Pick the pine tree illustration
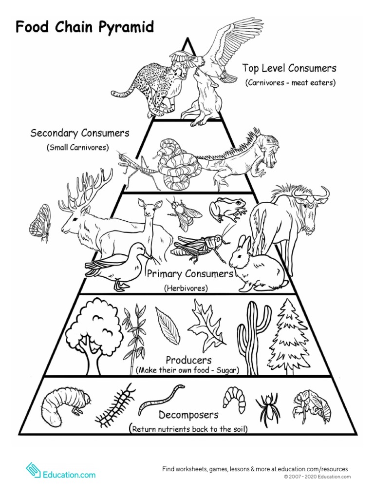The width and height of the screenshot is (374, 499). click(x=289, y=336)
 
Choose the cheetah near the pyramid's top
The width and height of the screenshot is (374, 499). click(x=151, y=88)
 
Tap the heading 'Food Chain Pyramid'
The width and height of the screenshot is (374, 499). click(x=85, y=27)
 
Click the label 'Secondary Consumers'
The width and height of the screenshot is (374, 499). click(x=80, y=133)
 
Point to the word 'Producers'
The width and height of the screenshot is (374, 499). click(x=188, y=360)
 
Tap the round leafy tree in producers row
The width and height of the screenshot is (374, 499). click(x=94, y=331)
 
